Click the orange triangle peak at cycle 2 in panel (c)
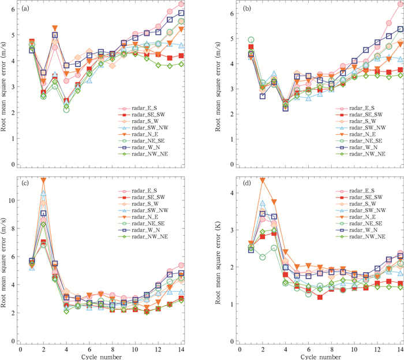(43, 180)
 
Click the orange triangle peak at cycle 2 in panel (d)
(263, 180)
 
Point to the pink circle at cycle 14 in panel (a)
(181, 4)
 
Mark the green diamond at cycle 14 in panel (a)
(181, 64)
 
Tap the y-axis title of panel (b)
(219, 85)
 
